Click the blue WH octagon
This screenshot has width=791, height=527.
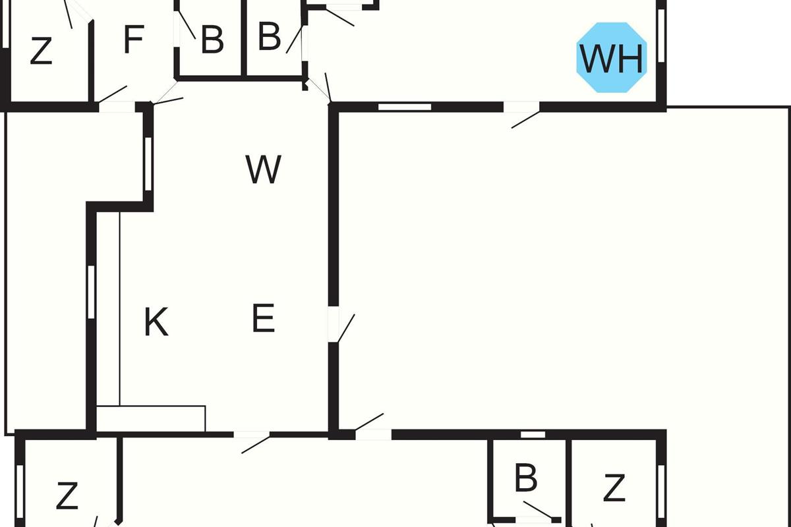pos(611,58)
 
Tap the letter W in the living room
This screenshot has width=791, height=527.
pos(264,170)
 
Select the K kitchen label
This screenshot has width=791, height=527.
pos(156,323)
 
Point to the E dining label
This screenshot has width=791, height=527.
pos(263,319)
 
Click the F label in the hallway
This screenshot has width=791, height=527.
pos(133,41)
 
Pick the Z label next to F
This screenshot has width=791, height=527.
pos(41,51)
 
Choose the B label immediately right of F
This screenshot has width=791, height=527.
pos(212,40)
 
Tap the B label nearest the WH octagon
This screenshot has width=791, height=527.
pos(269,37)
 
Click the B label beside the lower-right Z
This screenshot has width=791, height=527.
pos(525,479)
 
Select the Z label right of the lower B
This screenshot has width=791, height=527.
pos(614,489)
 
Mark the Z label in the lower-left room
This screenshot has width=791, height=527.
pos(67,496)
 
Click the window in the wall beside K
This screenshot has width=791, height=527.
pos(92,291)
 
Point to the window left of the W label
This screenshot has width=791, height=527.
pos(148,163)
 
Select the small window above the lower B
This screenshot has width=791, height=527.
pos(533,434)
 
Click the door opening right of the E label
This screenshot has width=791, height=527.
pos(333,324)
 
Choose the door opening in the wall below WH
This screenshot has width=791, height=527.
pos(522,107)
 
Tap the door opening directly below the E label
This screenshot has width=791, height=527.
pos(252,434)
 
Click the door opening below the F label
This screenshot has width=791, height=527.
pos(117,107)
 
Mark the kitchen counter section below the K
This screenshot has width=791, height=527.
pos(151,418)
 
